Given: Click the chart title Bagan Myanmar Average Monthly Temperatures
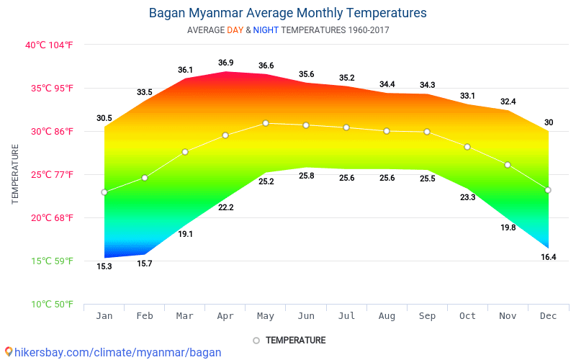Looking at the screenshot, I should tap(287, 13).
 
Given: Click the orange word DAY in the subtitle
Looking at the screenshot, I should tap(235, 30).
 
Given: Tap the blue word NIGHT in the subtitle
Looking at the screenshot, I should tap(266, 30).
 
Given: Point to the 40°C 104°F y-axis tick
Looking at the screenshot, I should tap(49, 45).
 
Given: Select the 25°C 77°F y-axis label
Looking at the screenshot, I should tap(49, 174).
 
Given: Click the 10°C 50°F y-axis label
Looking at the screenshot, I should tap(49, 304).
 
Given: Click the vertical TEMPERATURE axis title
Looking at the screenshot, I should tap(15, 174).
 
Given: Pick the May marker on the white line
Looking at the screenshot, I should tap(266, 123).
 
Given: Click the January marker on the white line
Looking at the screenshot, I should tap(104, 192).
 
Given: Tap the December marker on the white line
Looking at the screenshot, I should tap(548, 190).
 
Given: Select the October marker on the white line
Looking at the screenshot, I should tap(467, 147).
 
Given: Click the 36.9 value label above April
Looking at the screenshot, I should tap(225, 63).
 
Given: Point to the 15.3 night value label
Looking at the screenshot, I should tap(104, 266).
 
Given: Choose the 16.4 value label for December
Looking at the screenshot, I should tap(548, 257).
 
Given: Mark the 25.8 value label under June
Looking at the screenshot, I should tap(306, 176).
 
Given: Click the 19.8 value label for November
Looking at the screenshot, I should tap(508, 228).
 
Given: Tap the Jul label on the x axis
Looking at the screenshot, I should tap(346, 316).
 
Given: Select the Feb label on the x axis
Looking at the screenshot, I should tap(145, 316).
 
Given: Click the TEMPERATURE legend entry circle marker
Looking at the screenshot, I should tap(256, 341).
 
